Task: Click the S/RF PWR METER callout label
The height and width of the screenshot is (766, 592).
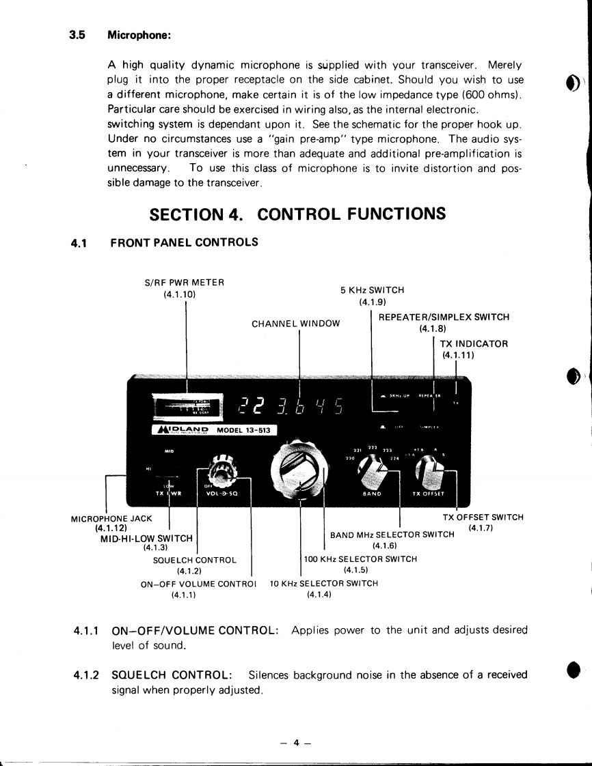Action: tap(185, 282)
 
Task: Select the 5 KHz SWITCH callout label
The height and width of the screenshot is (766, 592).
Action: tap(372, 289)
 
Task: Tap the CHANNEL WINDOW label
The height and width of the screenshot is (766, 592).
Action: tap(295, 324)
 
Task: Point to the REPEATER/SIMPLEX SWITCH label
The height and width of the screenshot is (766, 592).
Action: tap(444, 317)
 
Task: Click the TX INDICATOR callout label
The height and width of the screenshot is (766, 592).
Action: tap(473, 344)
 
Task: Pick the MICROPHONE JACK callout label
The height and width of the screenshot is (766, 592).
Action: tap(111, 518)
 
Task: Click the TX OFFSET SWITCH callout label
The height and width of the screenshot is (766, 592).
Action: tap(483, 517)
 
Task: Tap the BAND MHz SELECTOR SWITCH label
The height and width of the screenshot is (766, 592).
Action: tap(392, 535)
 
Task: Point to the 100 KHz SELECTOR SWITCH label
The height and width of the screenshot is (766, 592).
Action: tap(360, 559)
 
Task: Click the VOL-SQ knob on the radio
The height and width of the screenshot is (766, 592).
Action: tap(222, 472)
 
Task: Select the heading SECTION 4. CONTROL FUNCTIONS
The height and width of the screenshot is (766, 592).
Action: tap(297, 214)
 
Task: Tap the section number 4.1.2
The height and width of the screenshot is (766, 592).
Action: tap(87, 675)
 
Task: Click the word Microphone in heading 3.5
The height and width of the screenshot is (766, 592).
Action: tap(139, 35)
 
